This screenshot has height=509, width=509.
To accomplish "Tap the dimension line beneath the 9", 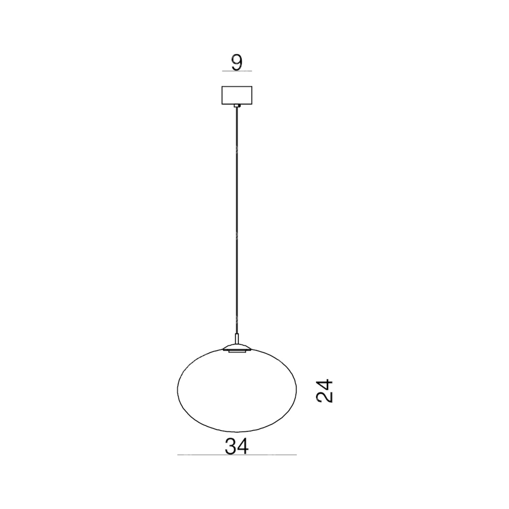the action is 237,71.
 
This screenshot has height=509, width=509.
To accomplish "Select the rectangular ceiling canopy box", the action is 237,95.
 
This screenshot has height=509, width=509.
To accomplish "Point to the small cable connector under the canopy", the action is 237,106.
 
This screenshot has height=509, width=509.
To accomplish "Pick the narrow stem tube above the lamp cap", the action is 237,339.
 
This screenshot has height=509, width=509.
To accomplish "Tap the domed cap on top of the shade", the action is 237,347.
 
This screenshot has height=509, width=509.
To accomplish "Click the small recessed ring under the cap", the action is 237,351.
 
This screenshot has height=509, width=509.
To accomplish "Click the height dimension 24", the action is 325,391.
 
